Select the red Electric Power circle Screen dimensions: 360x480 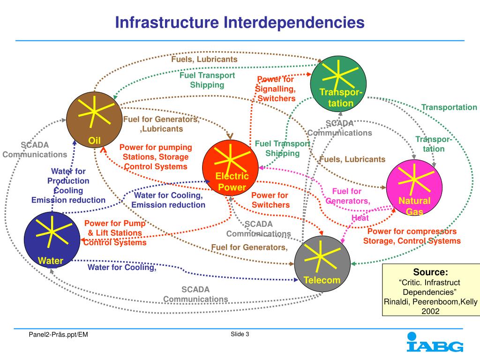[x=230, y=167]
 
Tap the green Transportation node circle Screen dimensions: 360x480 [x=339, y=83]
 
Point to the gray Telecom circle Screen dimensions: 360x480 [x=322, y=263]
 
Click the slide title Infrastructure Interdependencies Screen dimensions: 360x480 [x=240, y=22]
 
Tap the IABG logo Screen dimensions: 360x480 [x=435, y=343]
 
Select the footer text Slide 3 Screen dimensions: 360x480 [x=240, y=334]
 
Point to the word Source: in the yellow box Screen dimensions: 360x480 [x=430, y=272]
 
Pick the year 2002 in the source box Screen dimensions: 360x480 [x=430, y=311]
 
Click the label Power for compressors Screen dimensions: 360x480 [x=412, y=232]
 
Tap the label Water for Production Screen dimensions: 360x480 [x=68, y=176]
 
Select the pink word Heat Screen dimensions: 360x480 [x=360, y=218]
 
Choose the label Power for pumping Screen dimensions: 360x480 [x=156, y=147]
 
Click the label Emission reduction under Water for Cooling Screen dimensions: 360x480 [x=168, y=205]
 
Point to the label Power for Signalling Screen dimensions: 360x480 [x=276, y=84]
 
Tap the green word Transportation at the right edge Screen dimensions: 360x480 [x=449, y=107]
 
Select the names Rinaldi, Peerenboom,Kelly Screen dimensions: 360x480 [x=430, y=302]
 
